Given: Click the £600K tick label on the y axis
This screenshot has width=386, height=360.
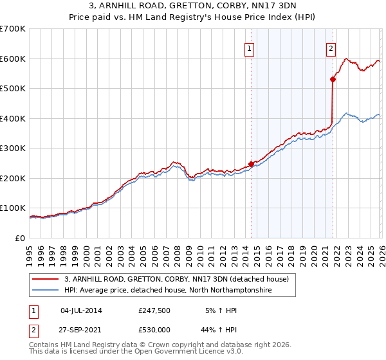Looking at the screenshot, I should coord(13,59).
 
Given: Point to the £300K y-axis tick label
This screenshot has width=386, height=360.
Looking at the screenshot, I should coord(13,148).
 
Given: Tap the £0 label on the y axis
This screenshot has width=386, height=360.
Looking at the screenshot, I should coord(21,238).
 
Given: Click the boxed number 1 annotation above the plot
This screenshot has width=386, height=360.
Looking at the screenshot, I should coord(249,47).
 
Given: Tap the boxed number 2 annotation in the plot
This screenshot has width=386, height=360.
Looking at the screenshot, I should coord(331,47).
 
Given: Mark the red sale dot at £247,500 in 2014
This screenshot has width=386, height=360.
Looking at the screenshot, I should coord(251,164).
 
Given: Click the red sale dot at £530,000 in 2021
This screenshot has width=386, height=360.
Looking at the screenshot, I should coord(333,80).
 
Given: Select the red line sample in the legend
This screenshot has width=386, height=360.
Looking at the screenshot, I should coord(46,279).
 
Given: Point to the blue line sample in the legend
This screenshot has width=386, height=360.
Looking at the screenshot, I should coord(46,291).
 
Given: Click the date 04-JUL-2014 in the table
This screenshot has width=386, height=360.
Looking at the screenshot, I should coord(81,310).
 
